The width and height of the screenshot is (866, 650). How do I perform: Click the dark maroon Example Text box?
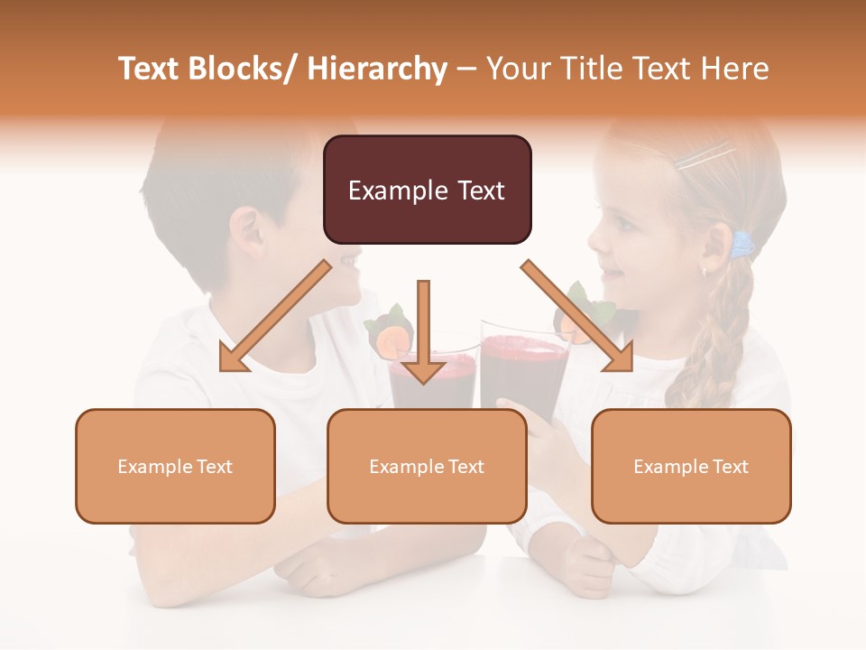(x=427, y=190)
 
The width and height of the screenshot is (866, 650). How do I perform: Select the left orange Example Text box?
(x=175, y=466)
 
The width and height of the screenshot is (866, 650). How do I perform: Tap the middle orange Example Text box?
(x=427, y=466)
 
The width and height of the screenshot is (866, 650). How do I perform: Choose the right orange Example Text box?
(x=691, y=466)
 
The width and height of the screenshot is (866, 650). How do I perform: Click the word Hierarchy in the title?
(x=377, y=69)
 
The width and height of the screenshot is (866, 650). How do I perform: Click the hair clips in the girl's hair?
(x=704, y=155)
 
